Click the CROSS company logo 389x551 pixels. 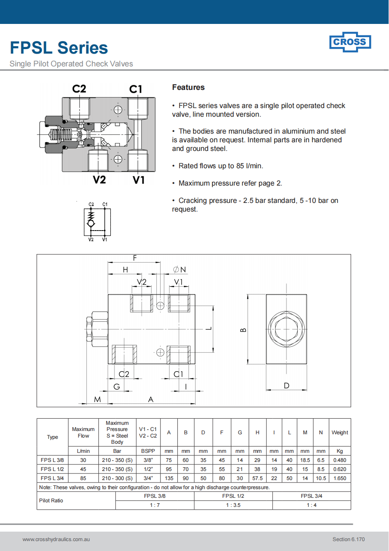350,42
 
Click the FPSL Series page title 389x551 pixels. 59,48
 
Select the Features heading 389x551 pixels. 188,87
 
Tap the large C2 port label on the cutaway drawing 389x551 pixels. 79,89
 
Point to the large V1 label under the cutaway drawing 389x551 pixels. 139,180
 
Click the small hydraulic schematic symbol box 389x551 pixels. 97,222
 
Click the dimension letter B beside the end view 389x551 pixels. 243,330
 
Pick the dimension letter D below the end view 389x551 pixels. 287,386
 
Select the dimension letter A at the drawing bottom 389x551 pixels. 151,399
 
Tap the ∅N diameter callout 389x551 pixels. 179,270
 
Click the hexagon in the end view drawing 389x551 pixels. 286,329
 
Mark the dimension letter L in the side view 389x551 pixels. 209,329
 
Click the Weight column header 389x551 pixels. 340,433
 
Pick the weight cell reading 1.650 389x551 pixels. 340,478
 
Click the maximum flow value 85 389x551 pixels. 83,478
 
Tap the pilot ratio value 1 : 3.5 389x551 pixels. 233,505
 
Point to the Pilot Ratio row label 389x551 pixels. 51,501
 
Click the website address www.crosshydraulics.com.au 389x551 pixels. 56,539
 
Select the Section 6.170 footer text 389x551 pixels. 348,539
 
